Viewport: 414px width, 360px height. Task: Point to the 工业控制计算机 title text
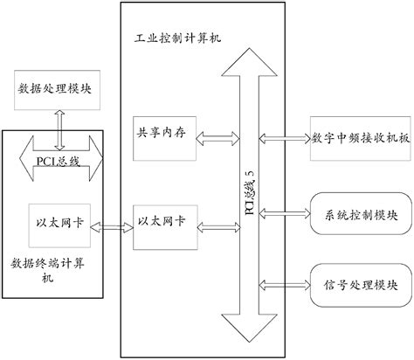click(x=165, y=40)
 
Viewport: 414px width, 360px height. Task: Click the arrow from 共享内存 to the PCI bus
click(x=210, y=137)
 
